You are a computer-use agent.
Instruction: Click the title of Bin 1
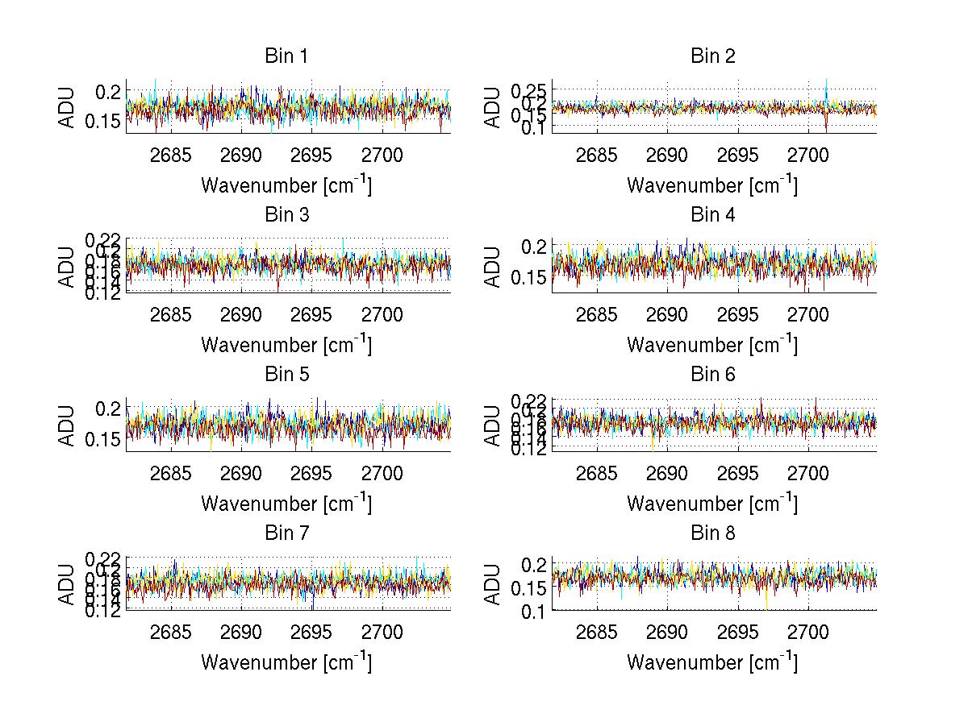tap(286, 56)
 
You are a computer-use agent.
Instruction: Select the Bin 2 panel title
tap(713, 56)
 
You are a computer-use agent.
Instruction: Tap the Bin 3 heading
tap(286, 215)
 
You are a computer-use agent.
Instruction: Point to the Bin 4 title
tap(713, 215)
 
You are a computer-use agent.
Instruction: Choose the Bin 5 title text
tap(286, 374)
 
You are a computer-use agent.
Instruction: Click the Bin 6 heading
tap(713, 374)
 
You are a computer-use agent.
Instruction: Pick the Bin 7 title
tap(286, 533)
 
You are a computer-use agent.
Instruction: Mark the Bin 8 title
tap(713, 533)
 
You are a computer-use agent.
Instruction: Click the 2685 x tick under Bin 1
tap(171, 155)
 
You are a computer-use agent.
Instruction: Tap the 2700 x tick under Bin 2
tap(807, 155)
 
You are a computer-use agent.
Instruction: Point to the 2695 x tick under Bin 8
tap(737, 632)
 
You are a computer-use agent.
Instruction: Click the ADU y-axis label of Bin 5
tap(66, 425)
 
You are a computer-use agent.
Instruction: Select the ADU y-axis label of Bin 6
tap(492, 425)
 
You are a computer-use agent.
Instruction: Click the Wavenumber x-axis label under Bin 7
tap(286, 662)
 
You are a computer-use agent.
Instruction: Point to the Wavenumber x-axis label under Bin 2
tap(712, 185)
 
